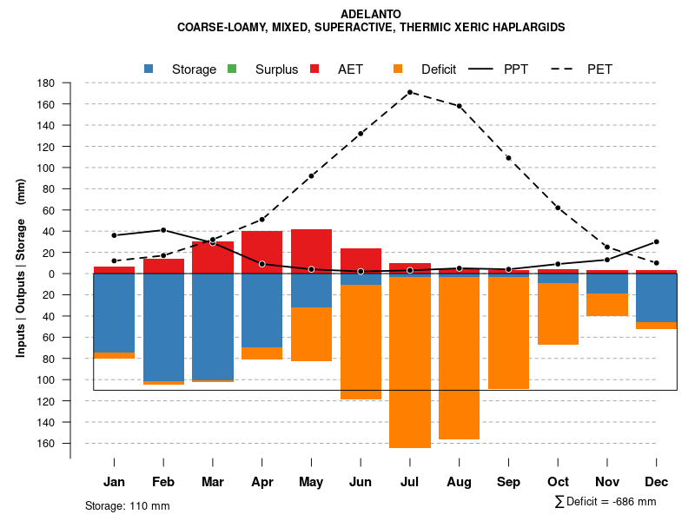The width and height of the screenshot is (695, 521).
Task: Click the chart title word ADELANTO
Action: (371, 14)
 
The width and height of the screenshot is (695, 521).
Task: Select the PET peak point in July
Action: (410, 92)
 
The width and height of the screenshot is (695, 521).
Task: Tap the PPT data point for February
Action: (163, 230)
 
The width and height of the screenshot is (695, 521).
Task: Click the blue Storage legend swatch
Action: (149, 69)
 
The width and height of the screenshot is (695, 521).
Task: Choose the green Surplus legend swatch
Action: (232, 69)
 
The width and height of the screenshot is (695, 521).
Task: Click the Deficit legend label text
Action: (439, 69)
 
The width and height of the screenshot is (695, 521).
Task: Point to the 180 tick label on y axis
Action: (46, 83)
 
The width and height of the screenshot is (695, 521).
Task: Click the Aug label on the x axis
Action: (459, 482)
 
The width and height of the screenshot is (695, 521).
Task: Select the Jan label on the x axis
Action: (114, 482)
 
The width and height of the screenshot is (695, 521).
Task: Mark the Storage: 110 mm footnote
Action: (127, 505)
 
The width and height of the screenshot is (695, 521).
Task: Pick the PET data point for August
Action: (459, 106)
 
